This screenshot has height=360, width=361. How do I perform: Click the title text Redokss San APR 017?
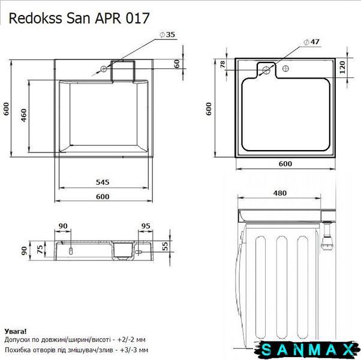[x=79, y=18]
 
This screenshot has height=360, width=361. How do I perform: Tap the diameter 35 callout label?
[x=168, y=35]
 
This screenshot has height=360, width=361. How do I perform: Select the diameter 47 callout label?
[x=311, y=42]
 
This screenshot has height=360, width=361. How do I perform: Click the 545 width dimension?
[x=103, y=182]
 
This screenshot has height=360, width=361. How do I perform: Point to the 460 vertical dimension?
[x=24, y=115]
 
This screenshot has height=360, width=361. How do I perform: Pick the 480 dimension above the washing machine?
[x=280, y=193]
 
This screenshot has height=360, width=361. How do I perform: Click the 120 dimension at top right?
[x=342, y=67]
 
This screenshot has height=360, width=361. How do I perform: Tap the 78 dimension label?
[x=222, y=64]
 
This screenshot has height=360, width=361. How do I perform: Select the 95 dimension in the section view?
[x=146, y=226]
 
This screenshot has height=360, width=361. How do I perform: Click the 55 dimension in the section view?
[x=165, y=246]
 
